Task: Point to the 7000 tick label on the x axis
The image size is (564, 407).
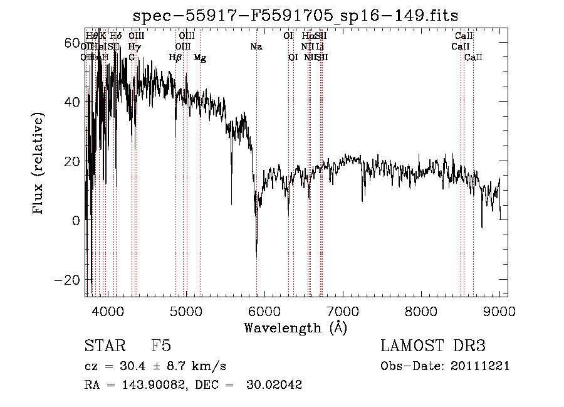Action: (342, 311)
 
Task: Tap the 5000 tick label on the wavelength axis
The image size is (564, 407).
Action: (185, 311)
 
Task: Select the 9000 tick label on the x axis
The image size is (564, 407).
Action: (499, 311)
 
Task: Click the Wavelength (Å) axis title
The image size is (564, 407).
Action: (295, 327)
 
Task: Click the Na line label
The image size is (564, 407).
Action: (256, 47)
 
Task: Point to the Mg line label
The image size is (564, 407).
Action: (200, 58)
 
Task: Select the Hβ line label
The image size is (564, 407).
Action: (175, 58)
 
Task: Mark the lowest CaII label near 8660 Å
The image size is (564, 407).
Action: (473, 58)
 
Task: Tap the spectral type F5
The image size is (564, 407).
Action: (161, 346)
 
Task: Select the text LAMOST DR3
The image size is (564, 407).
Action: (433, 346)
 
